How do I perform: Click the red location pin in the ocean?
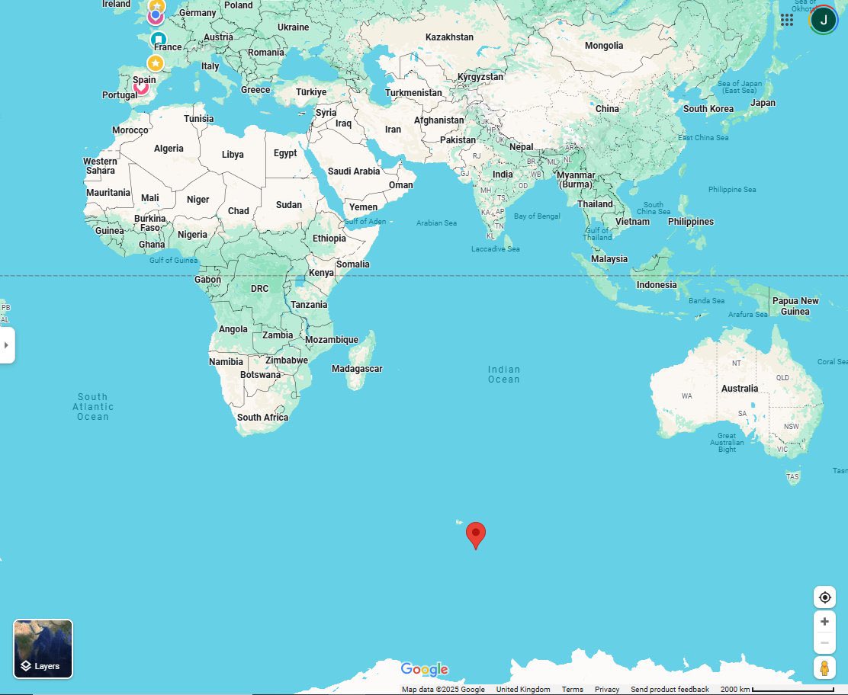(476, 534)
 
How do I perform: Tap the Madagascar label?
(357, 369)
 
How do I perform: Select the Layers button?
(43, 649)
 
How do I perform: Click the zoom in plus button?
(824, 622)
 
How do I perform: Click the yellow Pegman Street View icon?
(824, 668)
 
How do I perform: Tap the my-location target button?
(824, 597)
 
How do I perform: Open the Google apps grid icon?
(787, 20)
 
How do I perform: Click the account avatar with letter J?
(824, 20)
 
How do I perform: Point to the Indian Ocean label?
(504, 374)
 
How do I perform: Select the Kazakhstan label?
(449, 37)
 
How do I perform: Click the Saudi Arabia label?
(354, 171)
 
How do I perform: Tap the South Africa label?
(262, 418)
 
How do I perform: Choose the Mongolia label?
(604, 46)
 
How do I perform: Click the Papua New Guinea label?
(795, 306)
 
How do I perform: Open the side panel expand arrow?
(7, 345)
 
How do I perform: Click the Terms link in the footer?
(572, 690)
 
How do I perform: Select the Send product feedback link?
(670, 690)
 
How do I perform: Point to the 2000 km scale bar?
(793, 690)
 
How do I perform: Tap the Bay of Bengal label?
(537, 216)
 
